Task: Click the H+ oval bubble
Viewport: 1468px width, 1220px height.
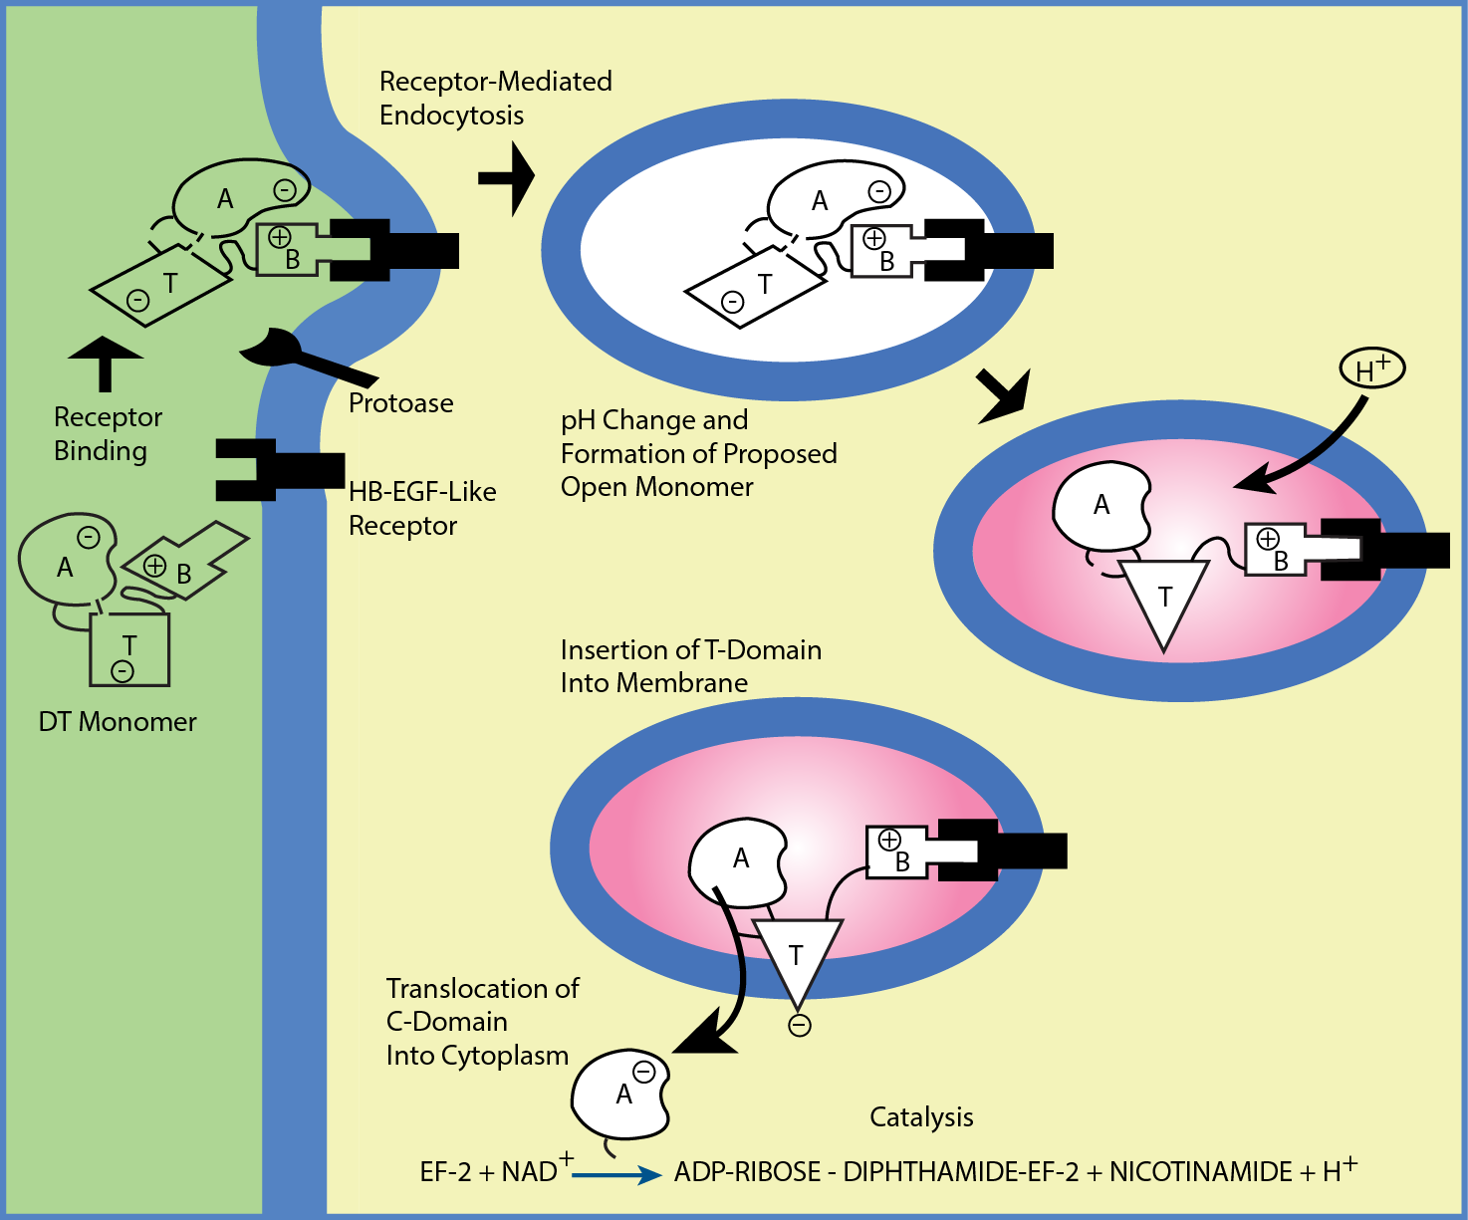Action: (1371, 369)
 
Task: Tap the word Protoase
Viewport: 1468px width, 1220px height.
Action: (400, 403)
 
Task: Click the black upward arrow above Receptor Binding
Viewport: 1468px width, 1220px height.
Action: (105, 363)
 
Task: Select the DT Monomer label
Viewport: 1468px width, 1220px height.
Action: (118, 722)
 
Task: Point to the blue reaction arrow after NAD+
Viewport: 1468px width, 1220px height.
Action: (616, 1176)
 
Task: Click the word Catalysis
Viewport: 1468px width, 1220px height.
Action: (921, 1117)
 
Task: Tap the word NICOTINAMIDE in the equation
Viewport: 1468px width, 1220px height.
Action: (1200, 1172)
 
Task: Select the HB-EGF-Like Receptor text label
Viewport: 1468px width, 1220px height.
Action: (422, 508)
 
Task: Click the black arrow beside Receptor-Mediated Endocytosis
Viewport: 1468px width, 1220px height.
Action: (508, 178)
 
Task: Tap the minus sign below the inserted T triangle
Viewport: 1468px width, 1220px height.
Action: (799, 1026)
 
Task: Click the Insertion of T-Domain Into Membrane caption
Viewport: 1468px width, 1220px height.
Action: (690, 666)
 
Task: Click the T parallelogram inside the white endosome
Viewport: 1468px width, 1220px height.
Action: (756, 289)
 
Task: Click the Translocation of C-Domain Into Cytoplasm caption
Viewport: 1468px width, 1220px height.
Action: (482, 1022)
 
